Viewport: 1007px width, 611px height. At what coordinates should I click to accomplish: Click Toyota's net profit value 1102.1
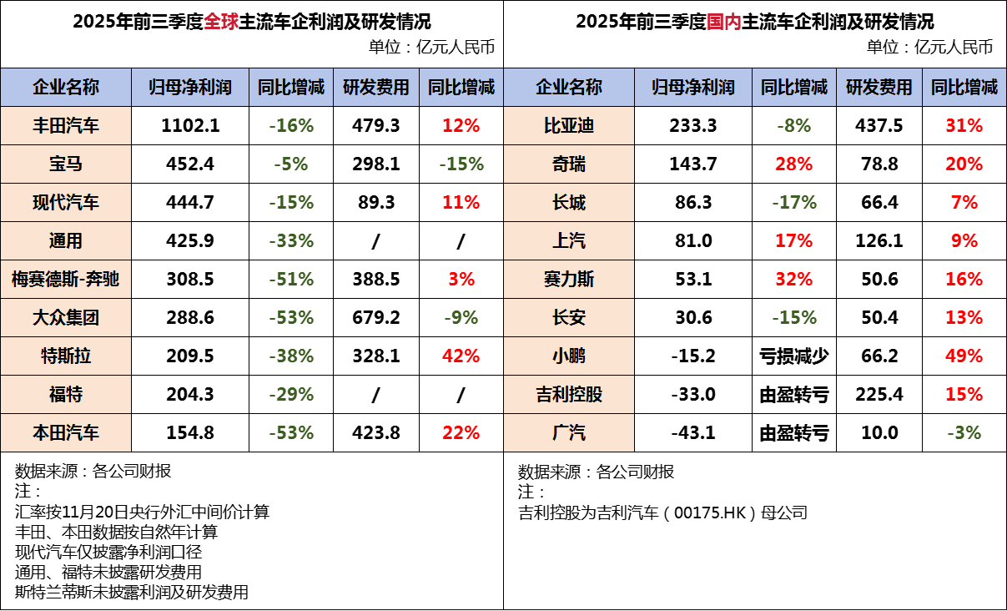coord(190,126)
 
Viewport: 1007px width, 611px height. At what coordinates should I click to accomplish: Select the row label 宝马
coord(66,164)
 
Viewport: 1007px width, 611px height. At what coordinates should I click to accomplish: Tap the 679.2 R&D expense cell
coord(376,318)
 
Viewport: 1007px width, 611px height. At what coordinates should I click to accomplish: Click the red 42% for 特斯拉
coord(461,356)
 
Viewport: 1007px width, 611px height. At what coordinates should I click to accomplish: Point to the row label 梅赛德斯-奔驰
coord(66,280)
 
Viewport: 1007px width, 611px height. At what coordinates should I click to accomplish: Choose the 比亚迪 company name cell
coord(568,126)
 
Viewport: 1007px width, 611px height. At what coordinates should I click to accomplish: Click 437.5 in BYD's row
coord(879,126)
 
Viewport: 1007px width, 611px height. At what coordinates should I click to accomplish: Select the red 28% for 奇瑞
coord(793,164)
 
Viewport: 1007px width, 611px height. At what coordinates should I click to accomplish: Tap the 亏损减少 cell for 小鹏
coord(793,356)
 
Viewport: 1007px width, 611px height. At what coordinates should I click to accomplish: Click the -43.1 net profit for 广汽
coord(692,433)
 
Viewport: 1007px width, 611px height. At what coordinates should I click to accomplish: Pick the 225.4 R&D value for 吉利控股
coord(879,395)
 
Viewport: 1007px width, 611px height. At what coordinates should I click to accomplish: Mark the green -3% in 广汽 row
coord(964,433)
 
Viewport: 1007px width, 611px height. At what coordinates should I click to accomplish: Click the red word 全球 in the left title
coord(221,22)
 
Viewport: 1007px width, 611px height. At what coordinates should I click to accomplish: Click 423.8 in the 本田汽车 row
coord(376,433)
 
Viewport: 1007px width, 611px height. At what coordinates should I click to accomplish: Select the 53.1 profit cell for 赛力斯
coord(692,280)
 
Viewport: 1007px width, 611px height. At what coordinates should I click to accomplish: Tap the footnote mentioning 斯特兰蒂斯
coord(132,593)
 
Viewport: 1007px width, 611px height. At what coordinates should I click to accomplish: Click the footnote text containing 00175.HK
coord(662,513)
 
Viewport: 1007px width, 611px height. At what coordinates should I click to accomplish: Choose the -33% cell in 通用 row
coord(291,241)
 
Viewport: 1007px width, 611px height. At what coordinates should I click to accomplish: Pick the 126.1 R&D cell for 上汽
coord(879,241)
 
